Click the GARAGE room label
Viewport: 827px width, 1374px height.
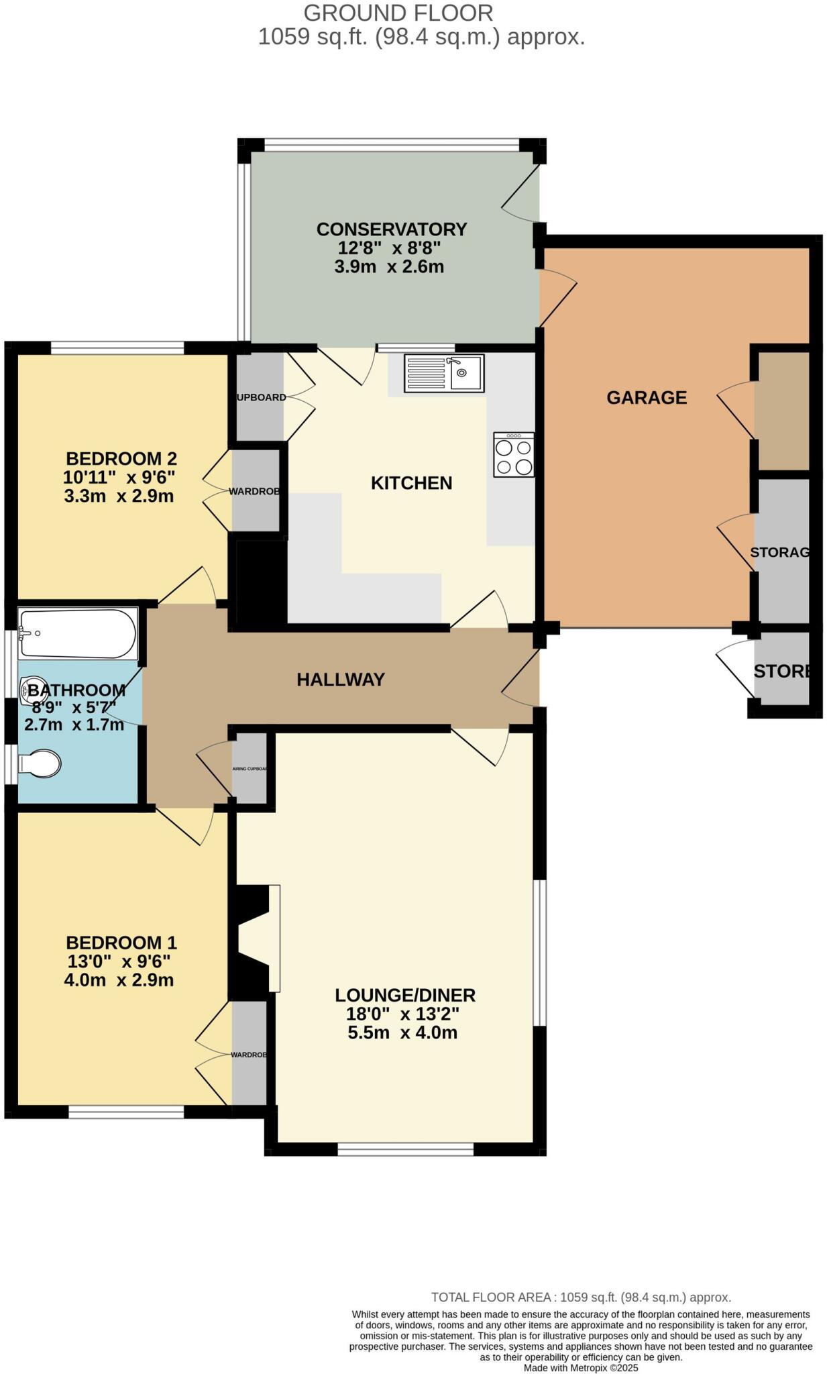(646, 398)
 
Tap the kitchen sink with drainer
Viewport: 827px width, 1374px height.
(443, 373)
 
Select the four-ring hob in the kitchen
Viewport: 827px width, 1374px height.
(514, 456)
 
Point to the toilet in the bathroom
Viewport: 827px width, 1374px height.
(40, 763)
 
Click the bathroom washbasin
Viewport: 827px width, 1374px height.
(32, 691)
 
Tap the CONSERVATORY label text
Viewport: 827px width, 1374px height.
(391, 229)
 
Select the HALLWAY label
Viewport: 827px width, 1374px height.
(341, 680)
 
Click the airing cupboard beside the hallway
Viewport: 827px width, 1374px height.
(250, 769)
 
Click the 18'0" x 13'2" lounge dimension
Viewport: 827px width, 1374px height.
(402, 1014)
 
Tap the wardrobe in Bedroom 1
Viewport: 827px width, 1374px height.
(250, 1054)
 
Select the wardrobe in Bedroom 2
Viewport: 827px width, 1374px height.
(255, 491)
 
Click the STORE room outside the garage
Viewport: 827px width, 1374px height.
(781, 671)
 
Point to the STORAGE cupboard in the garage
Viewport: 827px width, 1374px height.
(782, 551)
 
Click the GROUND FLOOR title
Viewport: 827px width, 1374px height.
(398, 13)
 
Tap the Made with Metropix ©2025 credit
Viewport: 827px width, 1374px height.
(580, 1367)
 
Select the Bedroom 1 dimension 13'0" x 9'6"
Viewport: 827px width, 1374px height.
(119, 961)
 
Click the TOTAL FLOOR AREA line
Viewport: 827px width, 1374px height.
(580, 1298)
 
